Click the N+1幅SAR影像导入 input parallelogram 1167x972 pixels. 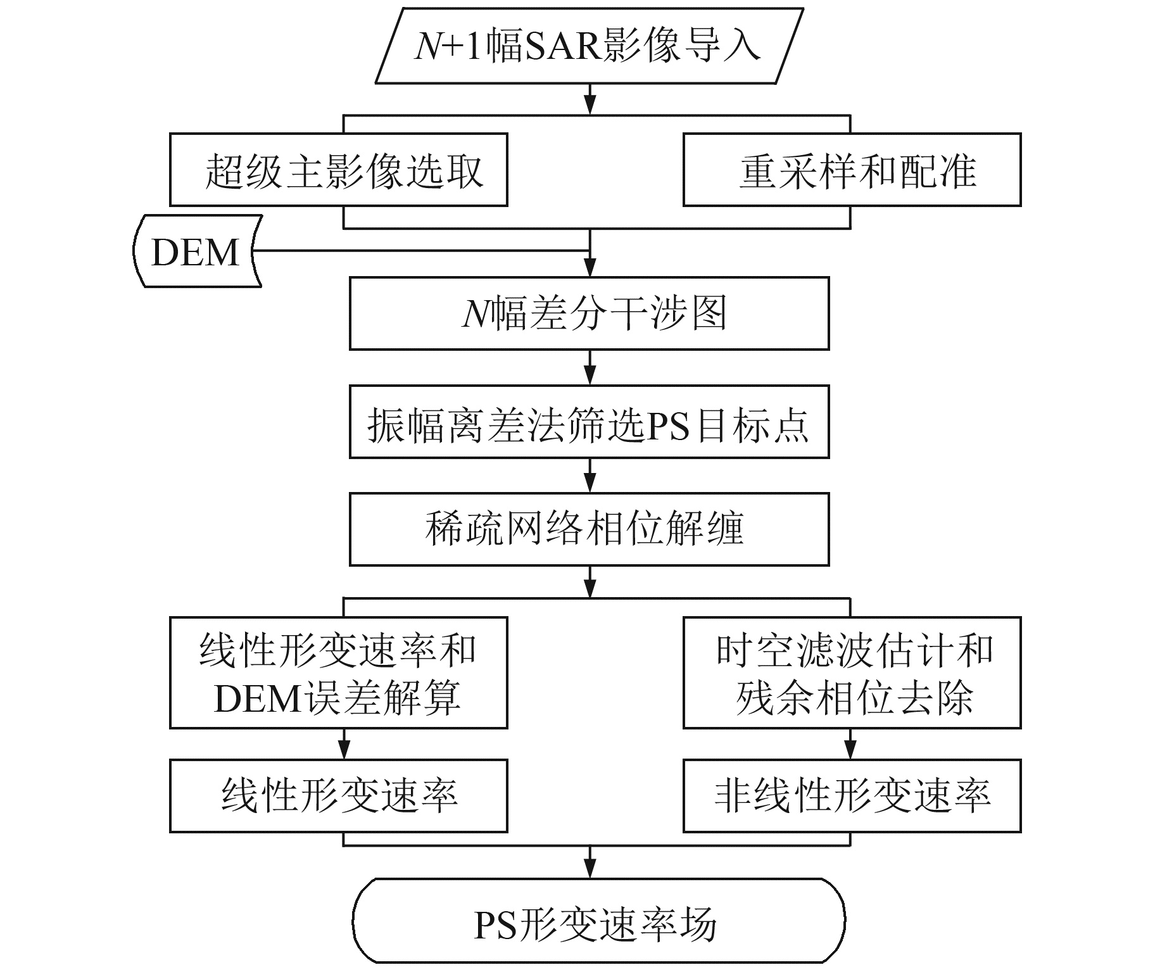[589, 46]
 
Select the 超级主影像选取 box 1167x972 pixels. [339, 170]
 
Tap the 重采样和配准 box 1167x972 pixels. [852, 170]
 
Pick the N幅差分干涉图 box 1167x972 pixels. [589, 313]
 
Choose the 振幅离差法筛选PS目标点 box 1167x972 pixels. [589, 422]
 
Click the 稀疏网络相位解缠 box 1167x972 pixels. [589, 529]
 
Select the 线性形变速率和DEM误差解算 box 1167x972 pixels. [339, 673]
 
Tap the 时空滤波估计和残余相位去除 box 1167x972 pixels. [852, 673]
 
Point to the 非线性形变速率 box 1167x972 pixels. [852, 796]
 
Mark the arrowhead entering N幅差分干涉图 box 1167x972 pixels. [590, 268]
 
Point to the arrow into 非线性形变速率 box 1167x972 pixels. [850, 745]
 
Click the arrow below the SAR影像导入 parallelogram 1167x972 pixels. [590, 99]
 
